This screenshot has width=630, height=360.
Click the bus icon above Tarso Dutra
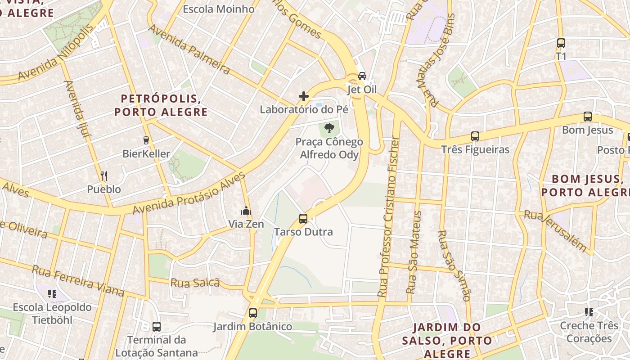click(303, 219)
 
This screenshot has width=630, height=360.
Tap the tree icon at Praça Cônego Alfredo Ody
click(329, 128)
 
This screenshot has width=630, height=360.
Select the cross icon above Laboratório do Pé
click(304, 96)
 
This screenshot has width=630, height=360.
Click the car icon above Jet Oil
click(362, 76)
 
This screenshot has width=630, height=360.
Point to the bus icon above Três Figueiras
click(475, 136)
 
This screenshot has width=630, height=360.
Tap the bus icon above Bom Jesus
click(588, 117)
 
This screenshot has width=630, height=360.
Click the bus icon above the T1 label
click(561, 43)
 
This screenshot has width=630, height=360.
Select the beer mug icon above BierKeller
click(146, 140)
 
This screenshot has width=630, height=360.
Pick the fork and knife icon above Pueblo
click(104, 175)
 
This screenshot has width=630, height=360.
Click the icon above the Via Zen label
click(246, 211)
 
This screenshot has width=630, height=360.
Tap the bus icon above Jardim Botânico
click(253, 313)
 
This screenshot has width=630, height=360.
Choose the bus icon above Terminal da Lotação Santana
click(157, 326)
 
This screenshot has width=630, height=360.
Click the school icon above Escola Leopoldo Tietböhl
click(52, 294)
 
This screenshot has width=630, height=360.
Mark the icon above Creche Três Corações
click(589, 312)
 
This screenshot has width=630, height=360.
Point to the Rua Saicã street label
click(195, 283)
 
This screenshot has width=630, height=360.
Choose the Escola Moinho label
click(218, 9)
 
